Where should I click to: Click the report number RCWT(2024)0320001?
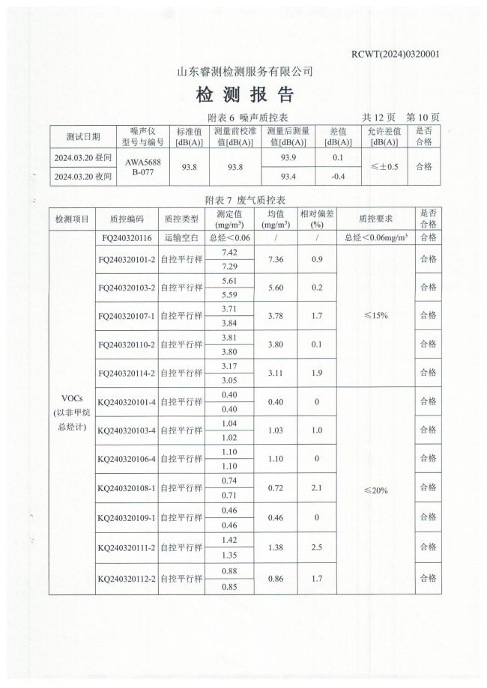click(395, 55)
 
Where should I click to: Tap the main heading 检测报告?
click(244, 95)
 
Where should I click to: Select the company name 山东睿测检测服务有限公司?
click(244, 72)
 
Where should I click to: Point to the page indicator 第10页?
click(423, 118)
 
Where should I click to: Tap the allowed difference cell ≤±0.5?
click(384, 166)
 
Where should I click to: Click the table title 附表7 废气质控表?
click(245, 200)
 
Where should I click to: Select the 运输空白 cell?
click(181, 238)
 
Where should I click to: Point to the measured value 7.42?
click(230, 252)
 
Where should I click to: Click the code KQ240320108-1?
click(126, 488)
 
